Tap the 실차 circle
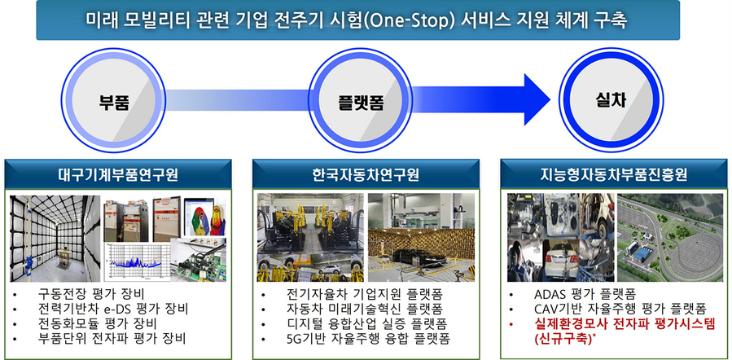(x=610, y=101)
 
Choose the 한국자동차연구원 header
(x=366, y=174)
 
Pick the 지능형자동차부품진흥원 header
(x=613, y=174)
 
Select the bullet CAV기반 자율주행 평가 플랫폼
(x=620, y=308)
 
